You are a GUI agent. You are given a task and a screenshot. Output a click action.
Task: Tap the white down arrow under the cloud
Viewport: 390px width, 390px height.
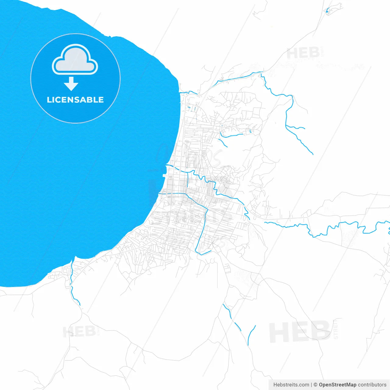71,84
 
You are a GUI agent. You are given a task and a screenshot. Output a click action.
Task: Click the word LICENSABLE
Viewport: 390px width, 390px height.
75,100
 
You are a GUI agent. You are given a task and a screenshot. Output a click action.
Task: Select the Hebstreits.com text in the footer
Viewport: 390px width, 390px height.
291,385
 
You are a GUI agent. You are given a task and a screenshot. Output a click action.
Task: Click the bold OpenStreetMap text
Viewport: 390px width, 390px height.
337,385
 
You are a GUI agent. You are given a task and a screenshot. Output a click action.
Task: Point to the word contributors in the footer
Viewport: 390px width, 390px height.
372,385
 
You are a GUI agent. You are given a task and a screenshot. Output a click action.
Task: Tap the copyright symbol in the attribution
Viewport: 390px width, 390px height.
315,385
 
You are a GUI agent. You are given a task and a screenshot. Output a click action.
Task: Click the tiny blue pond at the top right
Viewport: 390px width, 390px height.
328,11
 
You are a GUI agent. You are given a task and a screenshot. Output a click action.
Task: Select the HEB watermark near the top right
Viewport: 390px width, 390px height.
303,53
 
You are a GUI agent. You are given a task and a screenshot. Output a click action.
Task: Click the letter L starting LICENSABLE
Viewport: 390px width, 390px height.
49,100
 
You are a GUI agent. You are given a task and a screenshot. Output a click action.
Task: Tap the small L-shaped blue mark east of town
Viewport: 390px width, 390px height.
250,131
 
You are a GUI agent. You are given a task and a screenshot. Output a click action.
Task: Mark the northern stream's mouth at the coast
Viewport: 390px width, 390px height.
180,92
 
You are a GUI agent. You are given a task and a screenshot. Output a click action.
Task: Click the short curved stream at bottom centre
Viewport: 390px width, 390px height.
251,335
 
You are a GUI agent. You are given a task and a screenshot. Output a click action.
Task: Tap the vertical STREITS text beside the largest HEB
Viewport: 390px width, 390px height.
336,329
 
